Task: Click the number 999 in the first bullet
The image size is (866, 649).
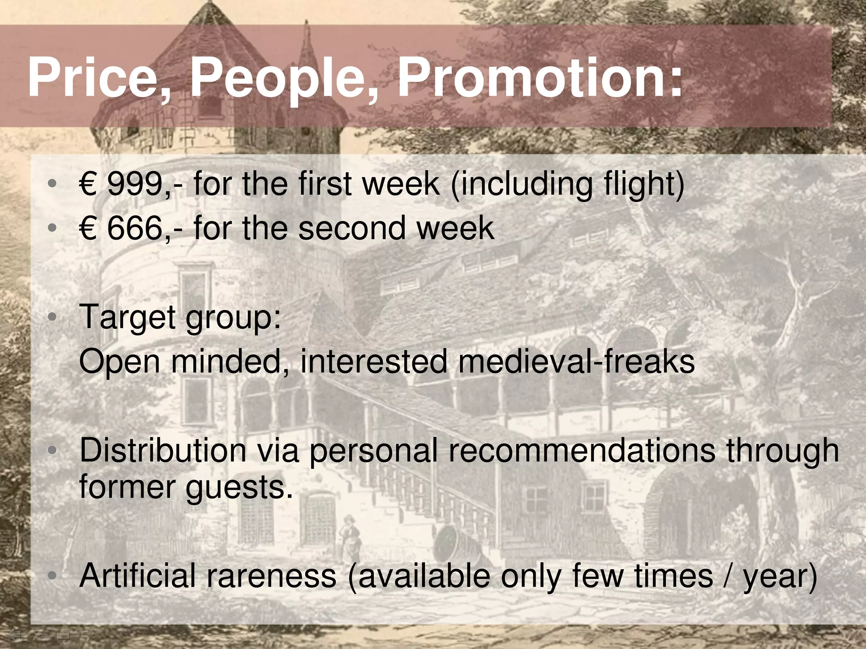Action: click(134, 184)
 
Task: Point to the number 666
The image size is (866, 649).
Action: click(134, 228)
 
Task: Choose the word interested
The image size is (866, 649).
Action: click(374, 362)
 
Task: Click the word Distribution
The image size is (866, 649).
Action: click(163, 450)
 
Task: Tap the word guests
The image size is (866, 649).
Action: click(239, 488)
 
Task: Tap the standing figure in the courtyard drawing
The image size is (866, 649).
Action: click(349, 537)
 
